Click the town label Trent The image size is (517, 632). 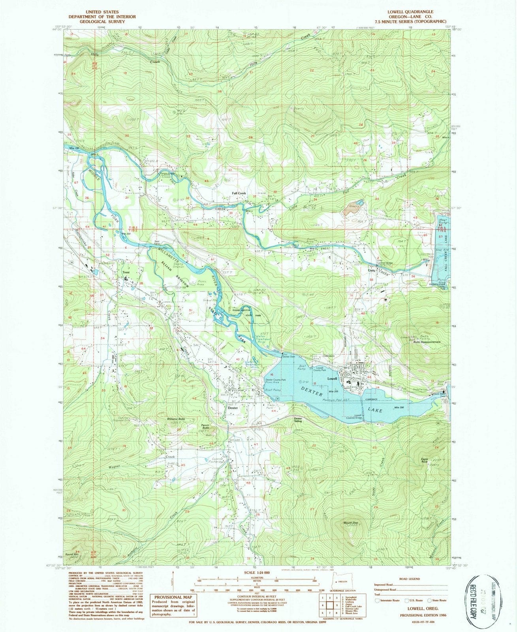[126, 272]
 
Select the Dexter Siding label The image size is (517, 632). [298, 420]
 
